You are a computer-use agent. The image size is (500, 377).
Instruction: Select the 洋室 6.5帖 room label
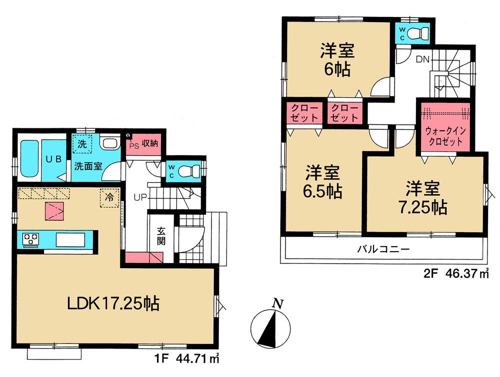pyautogui.click(x=323, y=182)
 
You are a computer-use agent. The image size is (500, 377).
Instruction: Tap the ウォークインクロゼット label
pyautogui.click(x=445, y=135)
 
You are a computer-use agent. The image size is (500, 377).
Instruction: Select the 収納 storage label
pyautogui.click(x=149, y=143)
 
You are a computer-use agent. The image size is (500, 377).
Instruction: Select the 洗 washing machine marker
pyautogui.click(x=82, y=144)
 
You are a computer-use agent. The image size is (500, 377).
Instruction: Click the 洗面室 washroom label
pyautogui.click(x=89, y=166)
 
